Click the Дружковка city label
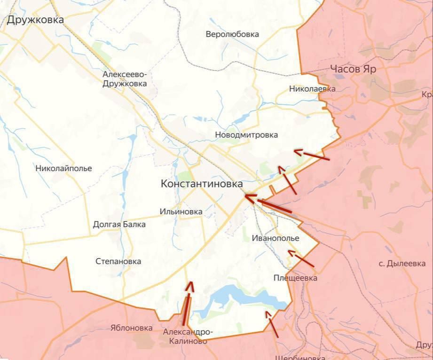(35, 20)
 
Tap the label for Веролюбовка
(232, 34)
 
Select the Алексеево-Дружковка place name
(125, 79)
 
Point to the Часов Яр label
(353, 69)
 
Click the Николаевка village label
(312, 88)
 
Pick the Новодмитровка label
(246, 135)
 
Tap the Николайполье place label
(63, 168)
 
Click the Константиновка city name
(202, 184)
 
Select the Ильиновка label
(181, 211)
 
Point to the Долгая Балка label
(119, 224)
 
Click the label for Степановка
(118, 261)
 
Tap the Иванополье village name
(275, 238)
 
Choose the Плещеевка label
(295, 278)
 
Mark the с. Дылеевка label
(402, 264)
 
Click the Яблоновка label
(132, 328)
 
